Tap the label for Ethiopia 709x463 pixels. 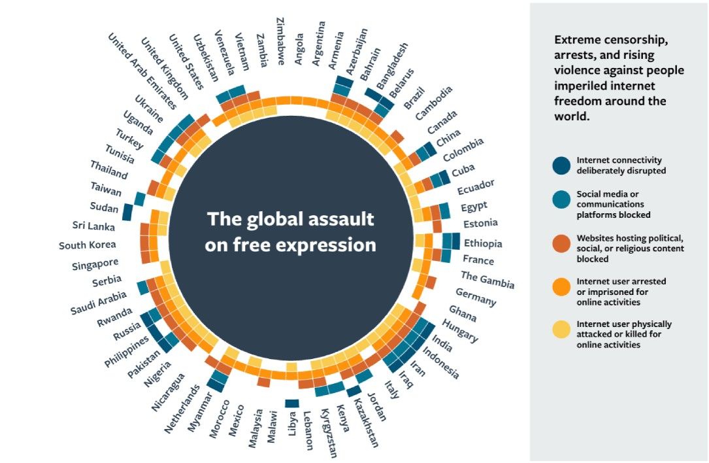(483, 244)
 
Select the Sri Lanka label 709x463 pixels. (94, 227)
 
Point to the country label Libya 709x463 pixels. (291, 423)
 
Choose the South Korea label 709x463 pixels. (88, 245)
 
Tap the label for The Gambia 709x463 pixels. (487, 280)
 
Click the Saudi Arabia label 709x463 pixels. (97, 300)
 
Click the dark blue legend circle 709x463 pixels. (561, 165)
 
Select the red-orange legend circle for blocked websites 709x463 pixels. (561, 249)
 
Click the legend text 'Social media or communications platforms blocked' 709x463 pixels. (614, 205)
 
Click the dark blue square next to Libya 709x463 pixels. (291, 403)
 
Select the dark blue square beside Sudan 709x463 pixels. (127, 213)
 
